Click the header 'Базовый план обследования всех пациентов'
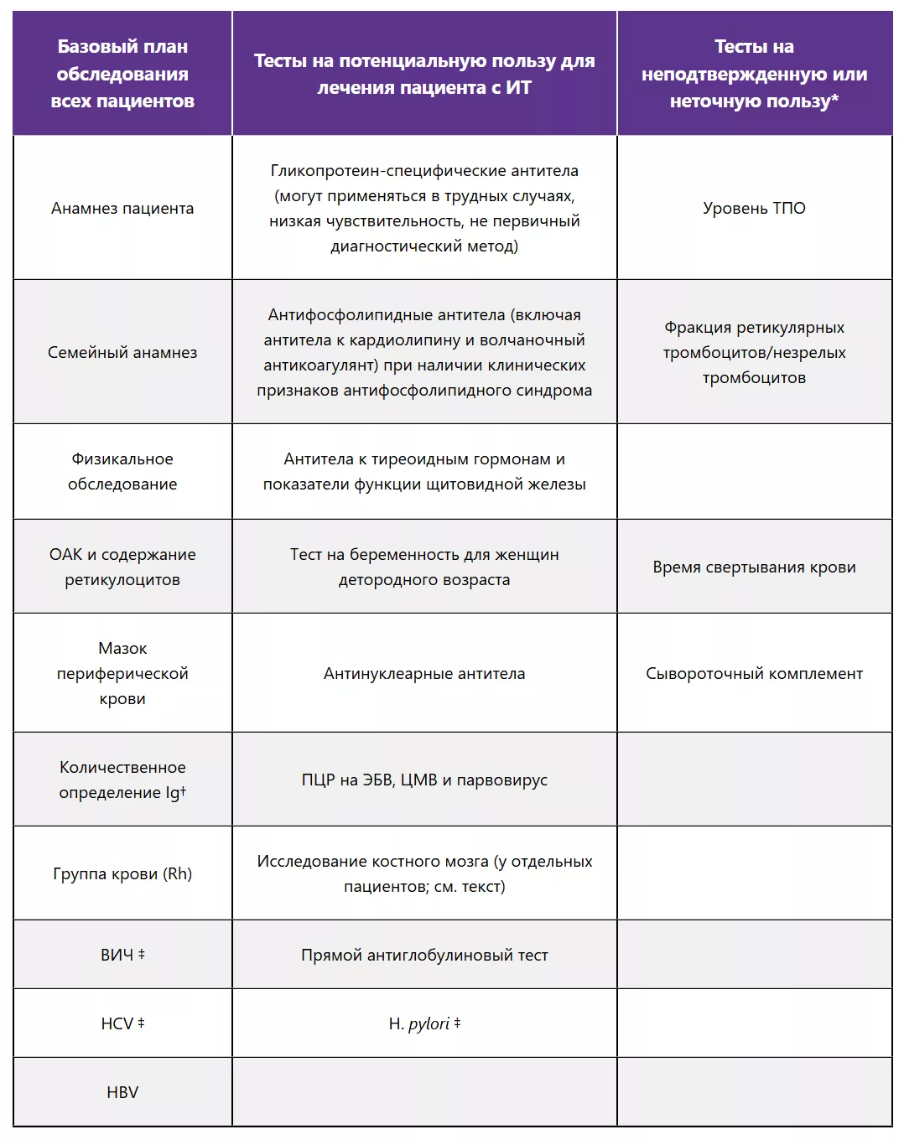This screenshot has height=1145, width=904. [122, 74]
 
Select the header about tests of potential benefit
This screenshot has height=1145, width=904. [424, 74]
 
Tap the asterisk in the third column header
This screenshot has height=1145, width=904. [834, 99]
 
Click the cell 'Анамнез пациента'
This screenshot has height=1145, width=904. [122, 208]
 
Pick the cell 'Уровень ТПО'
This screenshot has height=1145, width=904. [754, 208]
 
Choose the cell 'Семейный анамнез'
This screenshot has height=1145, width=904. [122, 352]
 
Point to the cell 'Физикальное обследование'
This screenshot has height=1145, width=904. [122, 471]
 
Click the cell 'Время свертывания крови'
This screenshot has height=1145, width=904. [754, 567]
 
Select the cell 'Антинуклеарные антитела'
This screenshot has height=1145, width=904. [424, 673]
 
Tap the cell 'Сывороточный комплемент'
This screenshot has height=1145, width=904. [754, 673]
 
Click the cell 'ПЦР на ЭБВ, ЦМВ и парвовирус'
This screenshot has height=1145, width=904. [424, 780]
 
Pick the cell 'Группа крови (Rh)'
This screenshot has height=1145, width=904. [122, 873]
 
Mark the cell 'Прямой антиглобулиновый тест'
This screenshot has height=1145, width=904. [424, 955]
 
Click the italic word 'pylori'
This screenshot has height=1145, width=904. [429, 1023]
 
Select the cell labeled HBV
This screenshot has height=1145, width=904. [122, 1092]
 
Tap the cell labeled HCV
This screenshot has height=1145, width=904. [122, 1023]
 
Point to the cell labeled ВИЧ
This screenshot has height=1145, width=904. [122, 955]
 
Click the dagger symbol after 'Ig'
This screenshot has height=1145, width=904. [184, 790]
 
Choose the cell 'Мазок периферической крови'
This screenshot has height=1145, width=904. [122, 673]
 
